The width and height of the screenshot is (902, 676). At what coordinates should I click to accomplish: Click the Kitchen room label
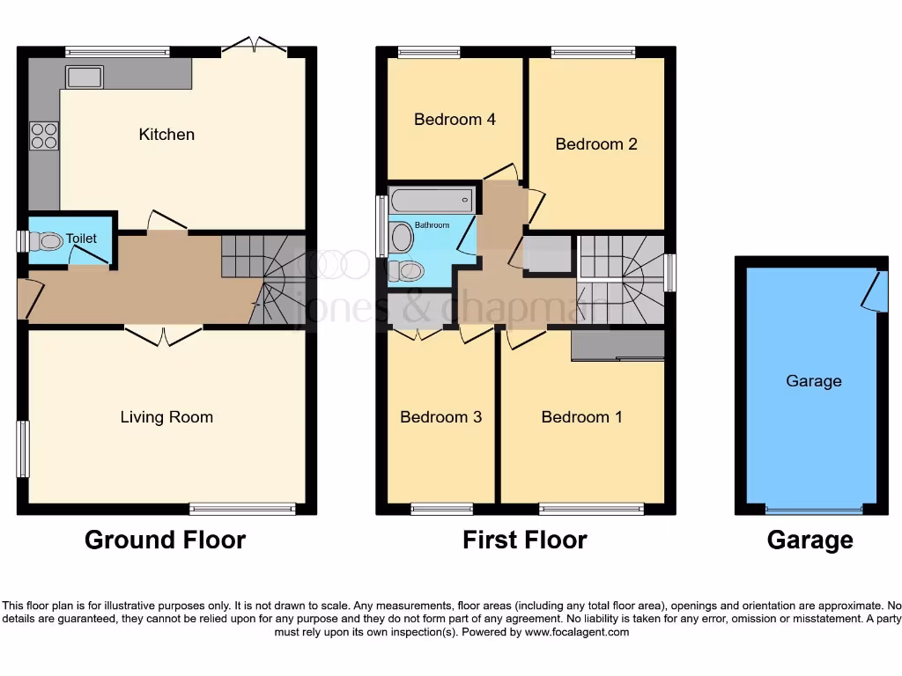[x=166, y=135]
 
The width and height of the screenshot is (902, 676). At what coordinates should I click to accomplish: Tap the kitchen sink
[x=85, y=77]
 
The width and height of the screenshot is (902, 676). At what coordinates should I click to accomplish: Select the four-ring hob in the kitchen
[x=44, y=136]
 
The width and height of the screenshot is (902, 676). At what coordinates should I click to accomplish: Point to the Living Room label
[x=166, y=417]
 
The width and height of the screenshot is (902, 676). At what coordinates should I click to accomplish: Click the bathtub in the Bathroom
[x=432, y=200]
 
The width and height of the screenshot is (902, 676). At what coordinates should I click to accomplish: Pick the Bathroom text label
[x=433, y=225]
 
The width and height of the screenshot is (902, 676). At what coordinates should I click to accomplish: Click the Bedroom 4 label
[x=455, y=119]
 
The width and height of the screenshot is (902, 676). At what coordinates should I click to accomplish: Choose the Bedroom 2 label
[x=595, y=143]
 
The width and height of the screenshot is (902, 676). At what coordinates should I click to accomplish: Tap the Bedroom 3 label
[x=440, y=417]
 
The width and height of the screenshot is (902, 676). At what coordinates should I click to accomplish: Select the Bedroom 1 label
[x=581, y=417]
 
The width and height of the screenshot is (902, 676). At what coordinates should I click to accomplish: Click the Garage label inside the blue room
[x=813, y=381]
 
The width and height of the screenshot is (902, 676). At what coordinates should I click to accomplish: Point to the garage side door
[x=874, y=290]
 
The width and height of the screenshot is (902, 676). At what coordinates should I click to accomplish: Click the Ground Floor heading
[x=165, y=540]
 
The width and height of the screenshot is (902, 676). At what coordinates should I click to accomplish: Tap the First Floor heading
[x=524, y=540]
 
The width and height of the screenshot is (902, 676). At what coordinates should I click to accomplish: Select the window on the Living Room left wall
[x=23, y=449]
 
